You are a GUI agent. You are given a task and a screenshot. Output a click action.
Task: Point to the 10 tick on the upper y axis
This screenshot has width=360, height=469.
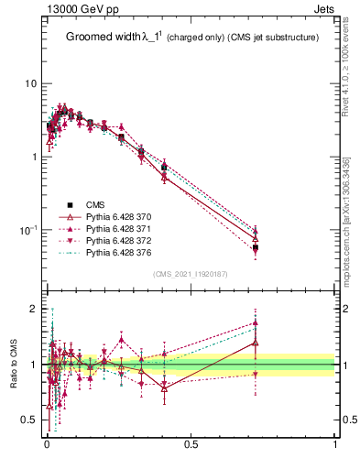pyautogui.click(x=30, y=83)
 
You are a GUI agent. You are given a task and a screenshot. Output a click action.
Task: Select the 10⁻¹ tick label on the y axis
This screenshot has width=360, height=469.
pyautogui.click(x=27, y=229)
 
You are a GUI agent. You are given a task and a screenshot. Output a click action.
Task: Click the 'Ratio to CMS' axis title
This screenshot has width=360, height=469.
pyautogui.click(x=15, y=365)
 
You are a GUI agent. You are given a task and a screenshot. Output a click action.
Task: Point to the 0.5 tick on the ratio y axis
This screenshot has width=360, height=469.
pyautogui.click(x=29, y=420)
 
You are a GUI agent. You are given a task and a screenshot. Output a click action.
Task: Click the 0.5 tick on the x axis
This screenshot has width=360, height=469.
pyautogui.click(x=191, y=444)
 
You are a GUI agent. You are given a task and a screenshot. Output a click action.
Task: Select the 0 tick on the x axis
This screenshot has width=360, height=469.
pyautogui.click(x=47, y=444)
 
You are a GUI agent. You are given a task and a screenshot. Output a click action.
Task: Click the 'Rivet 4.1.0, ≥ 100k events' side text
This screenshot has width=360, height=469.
pyautogui.click(x=345, y=64)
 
